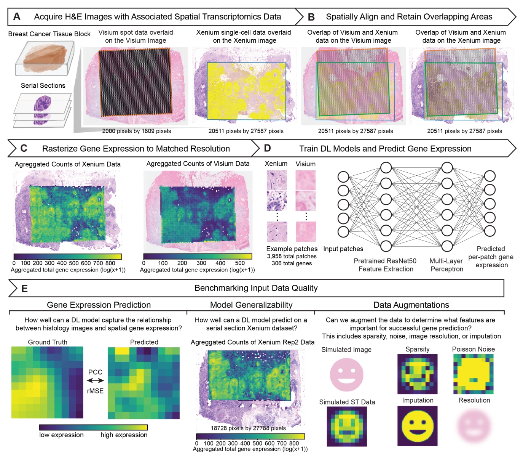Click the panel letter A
[x=17, y=17]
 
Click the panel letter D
[x=267, y=148]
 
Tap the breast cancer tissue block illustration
[x=45, y=58]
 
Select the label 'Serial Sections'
[x=43, y=85]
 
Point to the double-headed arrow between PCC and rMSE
[x=95, y=380]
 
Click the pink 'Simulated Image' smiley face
[x=346, y=374]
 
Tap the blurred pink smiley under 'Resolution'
[x=474, y=425]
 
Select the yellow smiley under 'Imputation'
[x=418, y=425]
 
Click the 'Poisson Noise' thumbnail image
[x=474, y=374]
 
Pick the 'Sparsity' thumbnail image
[x=418, y=374]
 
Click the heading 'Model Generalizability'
[x=251, y=305]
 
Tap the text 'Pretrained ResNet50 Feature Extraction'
[x=386, y=265]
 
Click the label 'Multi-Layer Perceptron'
[x=446, y=265]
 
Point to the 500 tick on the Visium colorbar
[x=240, y=263]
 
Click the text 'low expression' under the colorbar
[x=61, y=435]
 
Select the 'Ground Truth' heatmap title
[x=48, y=342]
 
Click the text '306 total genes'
[x=292, y=263]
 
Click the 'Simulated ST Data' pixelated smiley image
[x=347, y=426]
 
